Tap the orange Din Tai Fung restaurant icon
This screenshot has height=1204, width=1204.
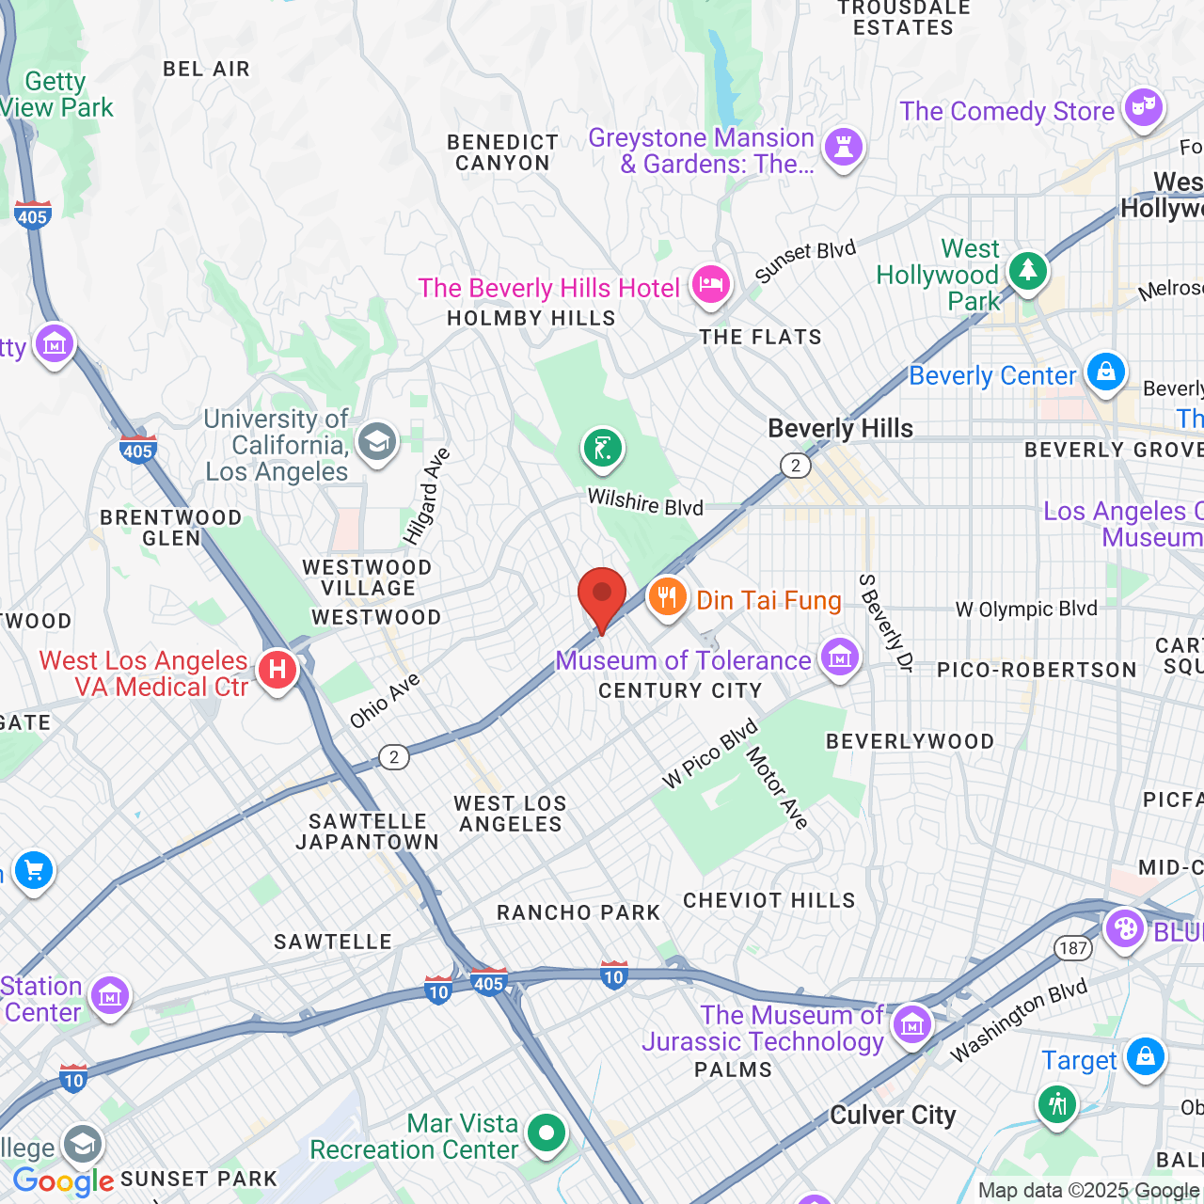coord(667,597)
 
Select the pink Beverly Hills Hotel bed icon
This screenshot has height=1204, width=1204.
coord(710,284)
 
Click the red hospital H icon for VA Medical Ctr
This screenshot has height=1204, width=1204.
coord(277,671)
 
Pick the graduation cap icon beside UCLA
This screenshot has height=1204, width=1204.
coord(377,441)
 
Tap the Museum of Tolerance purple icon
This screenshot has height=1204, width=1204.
coord(839,657)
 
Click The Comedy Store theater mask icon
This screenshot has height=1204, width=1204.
coord(1143,108)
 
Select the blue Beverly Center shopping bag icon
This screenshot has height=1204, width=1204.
coord(1105,372)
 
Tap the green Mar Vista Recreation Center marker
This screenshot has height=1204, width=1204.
coord(547,1133)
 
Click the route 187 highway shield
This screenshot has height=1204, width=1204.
coord(1073,948)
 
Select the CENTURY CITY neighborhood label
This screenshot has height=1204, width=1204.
coord(680,691)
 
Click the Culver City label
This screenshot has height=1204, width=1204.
coord(892,1116)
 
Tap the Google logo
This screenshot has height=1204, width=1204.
coord(63,1181)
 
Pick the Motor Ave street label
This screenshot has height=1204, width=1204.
coord(777,788)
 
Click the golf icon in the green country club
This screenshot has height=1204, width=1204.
coord(602,448)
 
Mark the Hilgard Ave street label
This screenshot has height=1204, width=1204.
coord(427,496)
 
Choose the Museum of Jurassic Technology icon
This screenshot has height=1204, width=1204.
coord(911,1024)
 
